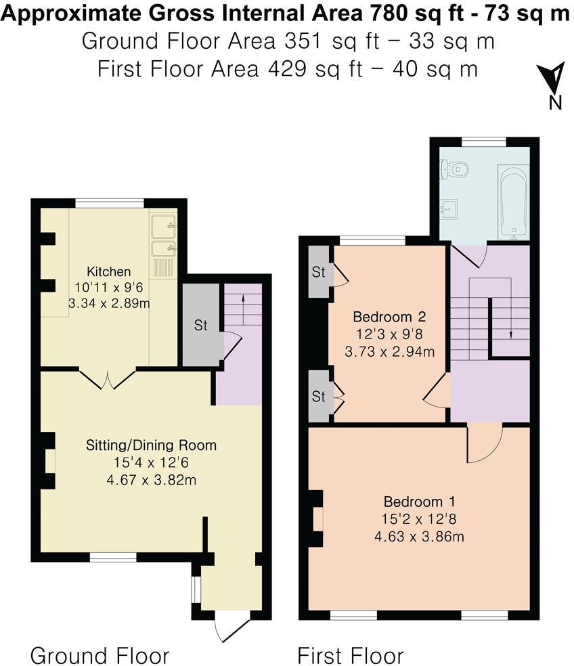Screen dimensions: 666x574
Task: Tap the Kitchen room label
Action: coord(108,271)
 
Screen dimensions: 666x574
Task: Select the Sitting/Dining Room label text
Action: coord(151,445)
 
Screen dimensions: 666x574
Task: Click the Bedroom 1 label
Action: coord(419,502)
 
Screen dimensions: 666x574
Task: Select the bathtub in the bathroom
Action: coord(513,201)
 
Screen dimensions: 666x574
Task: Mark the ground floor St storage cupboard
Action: coord(201,325)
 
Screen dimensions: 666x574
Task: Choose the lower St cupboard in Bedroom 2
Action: coord(318,396)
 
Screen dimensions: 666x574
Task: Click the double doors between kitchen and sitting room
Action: coord(108,379)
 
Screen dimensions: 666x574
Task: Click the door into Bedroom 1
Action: coord(485,444)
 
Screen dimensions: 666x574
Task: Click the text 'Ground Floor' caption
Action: coord(100,655)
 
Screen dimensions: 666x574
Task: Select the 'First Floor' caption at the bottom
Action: coord(351,655)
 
